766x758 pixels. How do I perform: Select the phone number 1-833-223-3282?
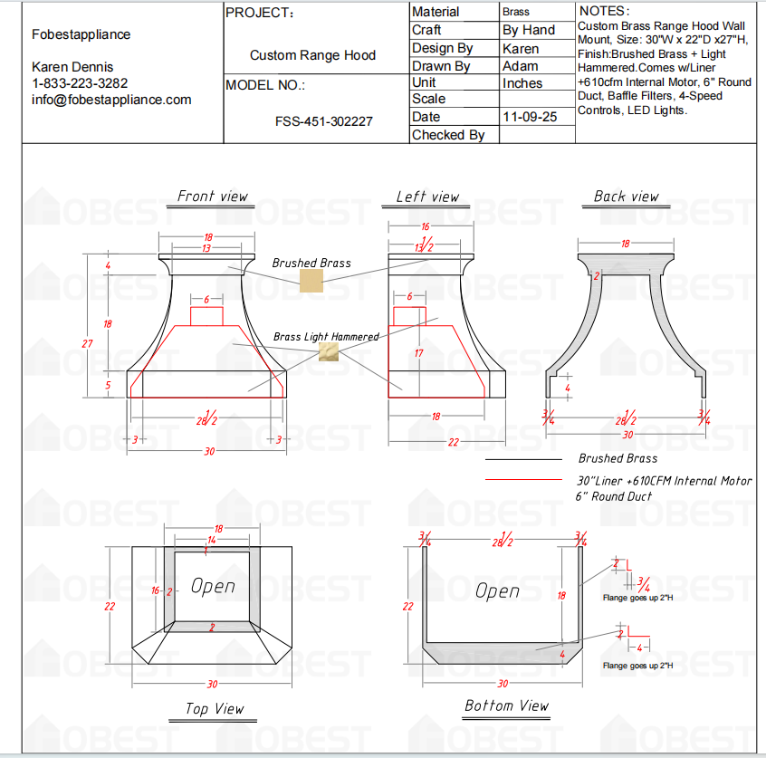(80, 83)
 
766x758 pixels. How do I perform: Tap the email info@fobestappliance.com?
(111, 100)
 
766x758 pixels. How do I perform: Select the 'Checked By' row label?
(448, 135)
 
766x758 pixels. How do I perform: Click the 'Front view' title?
(212, 197)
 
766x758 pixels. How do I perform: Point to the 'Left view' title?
(427, 197)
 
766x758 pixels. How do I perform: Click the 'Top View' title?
(215, 708)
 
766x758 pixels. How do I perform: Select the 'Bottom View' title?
(506, 705)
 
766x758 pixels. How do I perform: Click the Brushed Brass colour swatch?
(311, 280)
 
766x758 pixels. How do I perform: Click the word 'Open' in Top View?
(213, 586)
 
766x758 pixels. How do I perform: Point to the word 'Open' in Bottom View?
(498, 590)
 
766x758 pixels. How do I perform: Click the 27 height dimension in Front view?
(88, 343)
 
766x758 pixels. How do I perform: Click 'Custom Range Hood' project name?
(312, 55)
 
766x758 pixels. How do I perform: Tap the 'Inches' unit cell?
(522, 82)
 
